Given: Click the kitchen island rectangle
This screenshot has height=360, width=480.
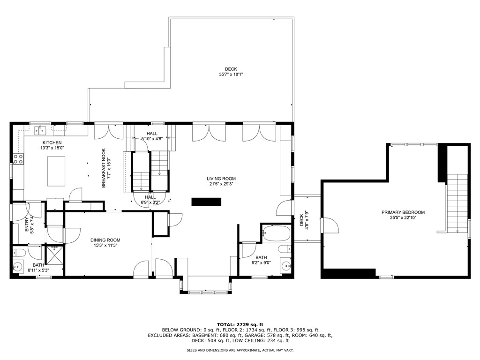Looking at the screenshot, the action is (56, 171).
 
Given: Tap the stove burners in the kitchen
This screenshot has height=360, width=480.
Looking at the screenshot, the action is (18, 159).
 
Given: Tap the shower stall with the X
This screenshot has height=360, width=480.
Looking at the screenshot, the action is (55, 255).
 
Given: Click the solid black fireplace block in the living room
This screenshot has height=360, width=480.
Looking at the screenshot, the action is (206, 202).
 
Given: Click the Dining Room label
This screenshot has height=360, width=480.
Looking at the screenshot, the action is (105, 240).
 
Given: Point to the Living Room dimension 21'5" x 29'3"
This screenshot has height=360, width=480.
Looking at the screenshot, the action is (221, 184).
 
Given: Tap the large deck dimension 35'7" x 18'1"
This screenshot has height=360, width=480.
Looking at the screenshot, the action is (231, 74).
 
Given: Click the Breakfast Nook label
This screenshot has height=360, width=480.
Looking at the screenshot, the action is (104, 168).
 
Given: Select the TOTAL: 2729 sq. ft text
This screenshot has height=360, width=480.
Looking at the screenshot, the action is (240, 324).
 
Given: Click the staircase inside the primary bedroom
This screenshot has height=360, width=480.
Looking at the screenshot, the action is (457, 202).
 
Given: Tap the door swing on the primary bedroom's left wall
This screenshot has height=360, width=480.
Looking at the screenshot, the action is (330, 225).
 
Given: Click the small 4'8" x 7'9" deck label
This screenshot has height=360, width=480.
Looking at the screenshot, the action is (304, 220).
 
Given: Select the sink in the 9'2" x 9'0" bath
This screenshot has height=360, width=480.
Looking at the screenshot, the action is (286, 267).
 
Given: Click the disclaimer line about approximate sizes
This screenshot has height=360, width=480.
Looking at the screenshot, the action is (240, 350).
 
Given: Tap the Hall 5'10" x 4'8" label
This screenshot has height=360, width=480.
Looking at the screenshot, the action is (152, 136).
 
